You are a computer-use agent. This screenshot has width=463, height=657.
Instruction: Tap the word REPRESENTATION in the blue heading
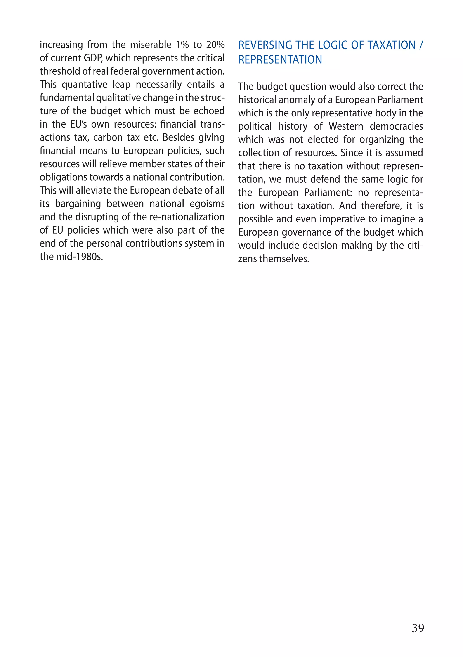[x=280, y=59]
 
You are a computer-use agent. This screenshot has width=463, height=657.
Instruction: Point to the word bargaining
[x=78, y=204]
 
